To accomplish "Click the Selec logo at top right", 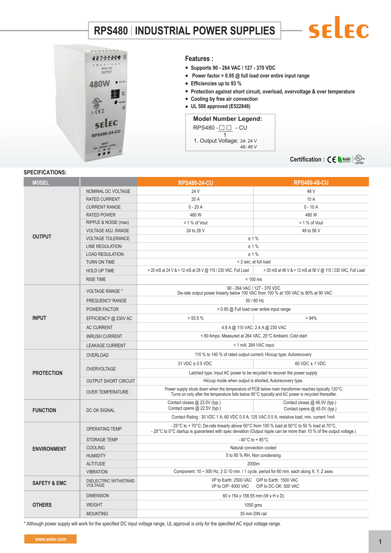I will tap(339, 28).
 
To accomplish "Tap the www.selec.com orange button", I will tap(50, 539).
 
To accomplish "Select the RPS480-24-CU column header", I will tap(195, 183).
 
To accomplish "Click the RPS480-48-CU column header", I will tap(311, 183).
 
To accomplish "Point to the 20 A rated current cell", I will tap(195, 199).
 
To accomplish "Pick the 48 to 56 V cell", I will tap(311, 231).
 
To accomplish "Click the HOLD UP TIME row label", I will tap(100, 271).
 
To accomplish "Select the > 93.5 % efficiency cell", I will tap(195, 318).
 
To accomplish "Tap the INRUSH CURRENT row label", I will tap(104, 336).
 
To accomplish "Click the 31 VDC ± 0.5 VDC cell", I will tap(195, 364).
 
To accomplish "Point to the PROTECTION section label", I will tap(48, 373).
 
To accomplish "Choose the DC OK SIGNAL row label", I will tap(101, 410).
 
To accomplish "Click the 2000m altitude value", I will tap(253, 464).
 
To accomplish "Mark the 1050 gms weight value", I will tap(253, 505).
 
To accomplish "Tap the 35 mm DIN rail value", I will tap(253, 514).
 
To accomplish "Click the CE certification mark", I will tap(331, 160).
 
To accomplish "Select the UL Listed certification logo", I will tap(359, 160).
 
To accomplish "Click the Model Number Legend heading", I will tap(228, 119).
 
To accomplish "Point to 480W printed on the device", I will tap(99, 84).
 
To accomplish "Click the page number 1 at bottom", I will tap(380, 542).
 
